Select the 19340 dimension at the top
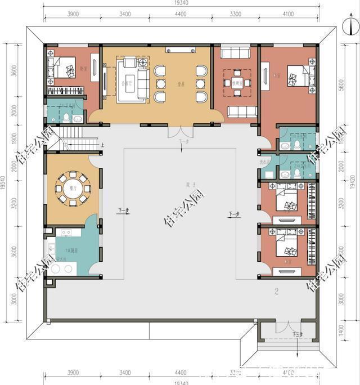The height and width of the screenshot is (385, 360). [181, 4]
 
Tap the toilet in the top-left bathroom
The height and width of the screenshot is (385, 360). [66, 117]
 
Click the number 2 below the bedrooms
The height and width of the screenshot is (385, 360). [276, 292]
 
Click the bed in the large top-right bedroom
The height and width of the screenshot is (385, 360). [298, 75]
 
